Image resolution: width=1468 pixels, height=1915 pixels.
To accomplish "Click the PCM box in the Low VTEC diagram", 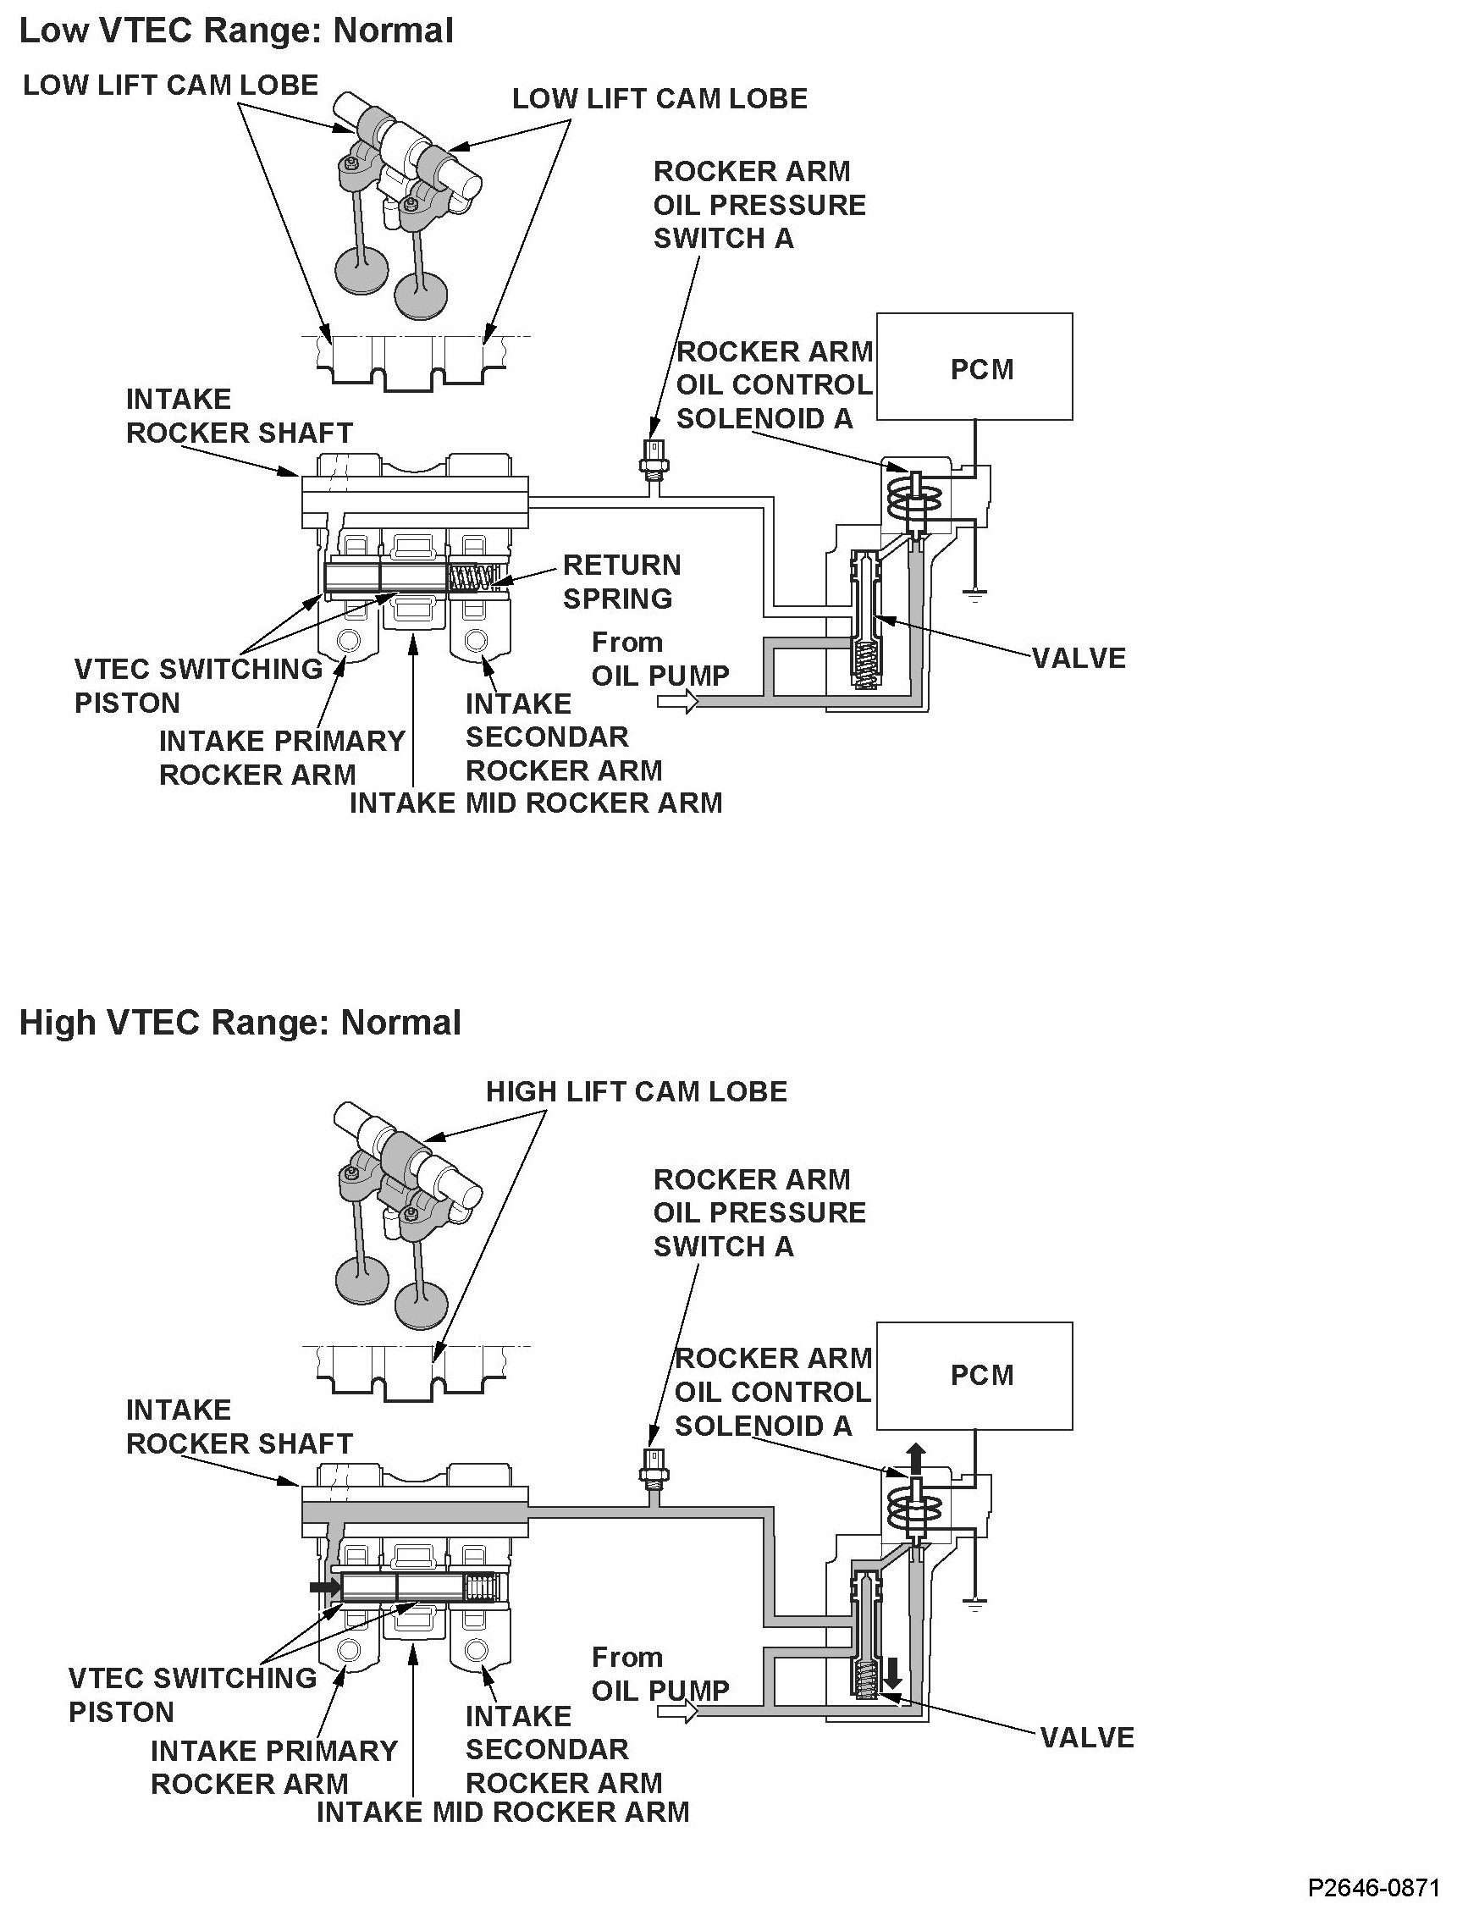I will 974,367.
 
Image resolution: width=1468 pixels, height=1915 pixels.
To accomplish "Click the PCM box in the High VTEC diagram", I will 974,1375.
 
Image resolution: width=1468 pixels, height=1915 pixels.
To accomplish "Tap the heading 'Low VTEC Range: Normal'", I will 236,31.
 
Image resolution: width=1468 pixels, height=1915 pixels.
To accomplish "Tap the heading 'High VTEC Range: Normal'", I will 240,1022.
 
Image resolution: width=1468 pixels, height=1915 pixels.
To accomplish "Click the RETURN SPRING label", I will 621,582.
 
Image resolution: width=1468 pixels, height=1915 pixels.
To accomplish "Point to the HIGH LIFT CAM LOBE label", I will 636,1091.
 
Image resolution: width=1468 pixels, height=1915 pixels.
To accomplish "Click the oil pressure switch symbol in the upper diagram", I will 651,459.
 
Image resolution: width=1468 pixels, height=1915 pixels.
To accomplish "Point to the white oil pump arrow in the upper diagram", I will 680,701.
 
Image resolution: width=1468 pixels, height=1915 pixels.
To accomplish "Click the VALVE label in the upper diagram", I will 1079,658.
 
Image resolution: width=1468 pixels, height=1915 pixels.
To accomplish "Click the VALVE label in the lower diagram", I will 1087,1736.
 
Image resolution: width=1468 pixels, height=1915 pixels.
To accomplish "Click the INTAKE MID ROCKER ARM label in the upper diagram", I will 536,803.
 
